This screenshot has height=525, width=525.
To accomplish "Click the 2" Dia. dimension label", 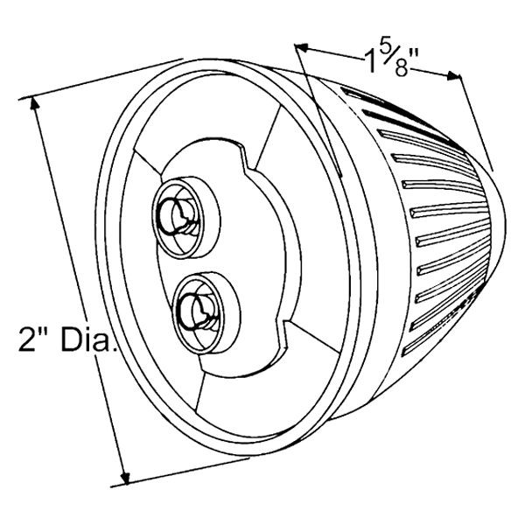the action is click(67, 339).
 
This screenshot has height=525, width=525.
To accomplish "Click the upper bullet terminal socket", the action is click(186, 218).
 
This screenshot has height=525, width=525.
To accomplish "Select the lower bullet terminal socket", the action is click(206, 313).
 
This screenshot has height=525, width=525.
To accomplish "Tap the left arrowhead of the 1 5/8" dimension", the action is click(302, 48).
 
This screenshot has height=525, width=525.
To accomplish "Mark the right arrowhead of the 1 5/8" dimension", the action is click(453, 76).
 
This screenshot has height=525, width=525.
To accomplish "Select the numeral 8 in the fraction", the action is click(401, 69).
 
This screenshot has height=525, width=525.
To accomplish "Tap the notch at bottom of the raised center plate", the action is click(283, 334).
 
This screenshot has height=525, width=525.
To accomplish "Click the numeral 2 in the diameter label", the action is click(26, 339).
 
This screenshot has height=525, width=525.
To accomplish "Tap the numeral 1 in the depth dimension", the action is click(372, 62).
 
